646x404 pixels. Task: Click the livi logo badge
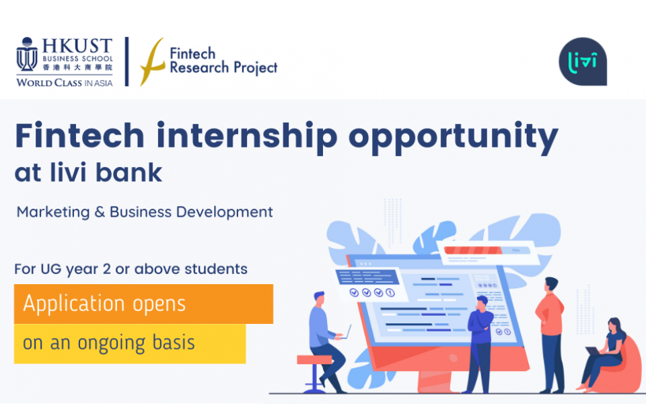pos(583,61)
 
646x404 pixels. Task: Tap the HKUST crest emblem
pos(27,55)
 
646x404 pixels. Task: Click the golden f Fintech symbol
pos(152,61)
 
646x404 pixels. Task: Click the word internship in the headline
pos(247,135)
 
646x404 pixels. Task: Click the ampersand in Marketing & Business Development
pos(100,212)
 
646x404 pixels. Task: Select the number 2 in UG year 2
pos(107,269)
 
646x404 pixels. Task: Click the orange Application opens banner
pos(143,304)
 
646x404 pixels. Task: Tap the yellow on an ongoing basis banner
pos(130,343)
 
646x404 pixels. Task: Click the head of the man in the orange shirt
pos(551,285)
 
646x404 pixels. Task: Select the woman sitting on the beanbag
pos(603,355)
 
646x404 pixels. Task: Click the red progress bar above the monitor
pos(472,250)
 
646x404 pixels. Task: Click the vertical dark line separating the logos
pos(127,61)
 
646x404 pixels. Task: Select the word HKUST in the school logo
pos(77,46)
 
